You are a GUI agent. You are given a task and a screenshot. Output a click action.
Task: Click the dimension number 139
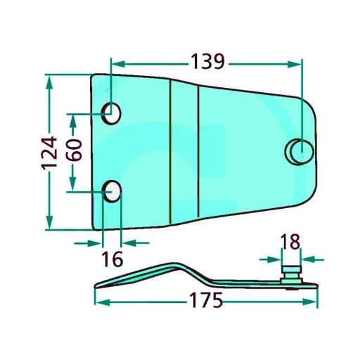pos(208,62)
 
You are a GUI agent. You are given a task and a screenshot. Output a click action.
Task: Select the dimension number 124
pos(49,153)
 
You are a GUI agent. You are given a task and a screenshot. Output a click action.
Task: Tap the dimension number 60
pos(74,150)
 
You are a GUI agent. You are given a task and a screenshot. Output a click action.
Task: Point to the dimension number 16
pos(112,259)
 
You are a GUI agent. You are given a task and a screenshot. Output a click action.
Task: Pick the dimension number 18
pos(290,242)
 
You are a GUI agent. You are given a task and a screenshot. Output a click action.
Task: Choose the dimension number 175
pos(206,300)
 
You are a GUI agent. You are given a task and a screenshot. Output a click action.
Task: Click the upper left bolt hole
pos(112,113)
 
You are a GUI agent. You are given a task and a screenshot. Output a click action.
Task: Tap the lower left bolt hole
pos(112,191)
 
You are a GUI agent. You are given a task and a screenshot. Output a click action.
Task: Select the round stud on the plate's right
pos(300,151)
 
